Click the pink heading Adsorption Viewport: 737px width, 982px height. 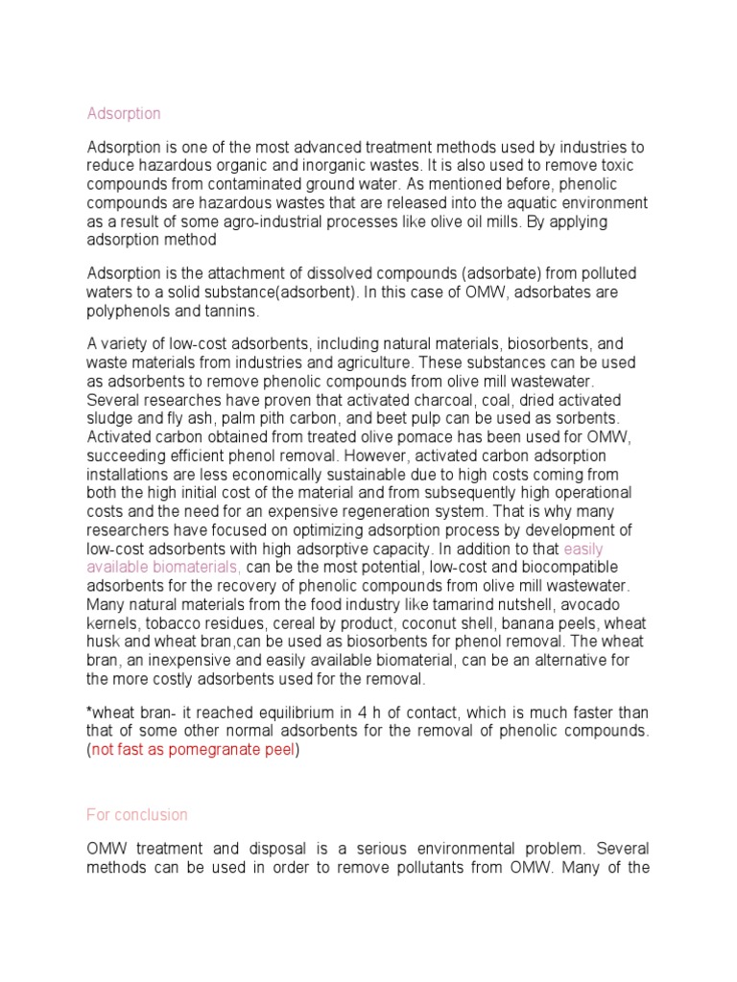[124, 113]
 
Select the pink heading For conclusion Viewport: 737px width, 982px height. [137, 814]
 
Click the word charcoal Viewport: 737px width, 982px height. [481, 399]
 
